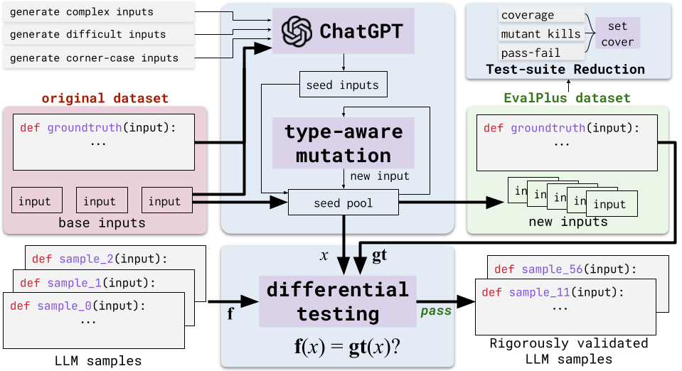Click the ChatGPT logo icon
296,31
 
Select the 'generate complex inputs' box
99,12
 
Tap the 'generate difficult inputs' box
99,34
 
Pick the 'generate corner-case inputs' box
99,58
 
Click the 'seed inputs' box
343,85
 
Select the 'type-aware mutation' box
343,143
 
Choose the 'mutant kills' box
540,33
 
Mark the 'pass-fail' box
531,53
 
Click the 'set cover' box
617,33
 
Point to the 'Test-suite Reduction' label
565,69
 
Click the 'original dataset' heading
105,97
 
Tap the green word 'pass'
435,311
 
